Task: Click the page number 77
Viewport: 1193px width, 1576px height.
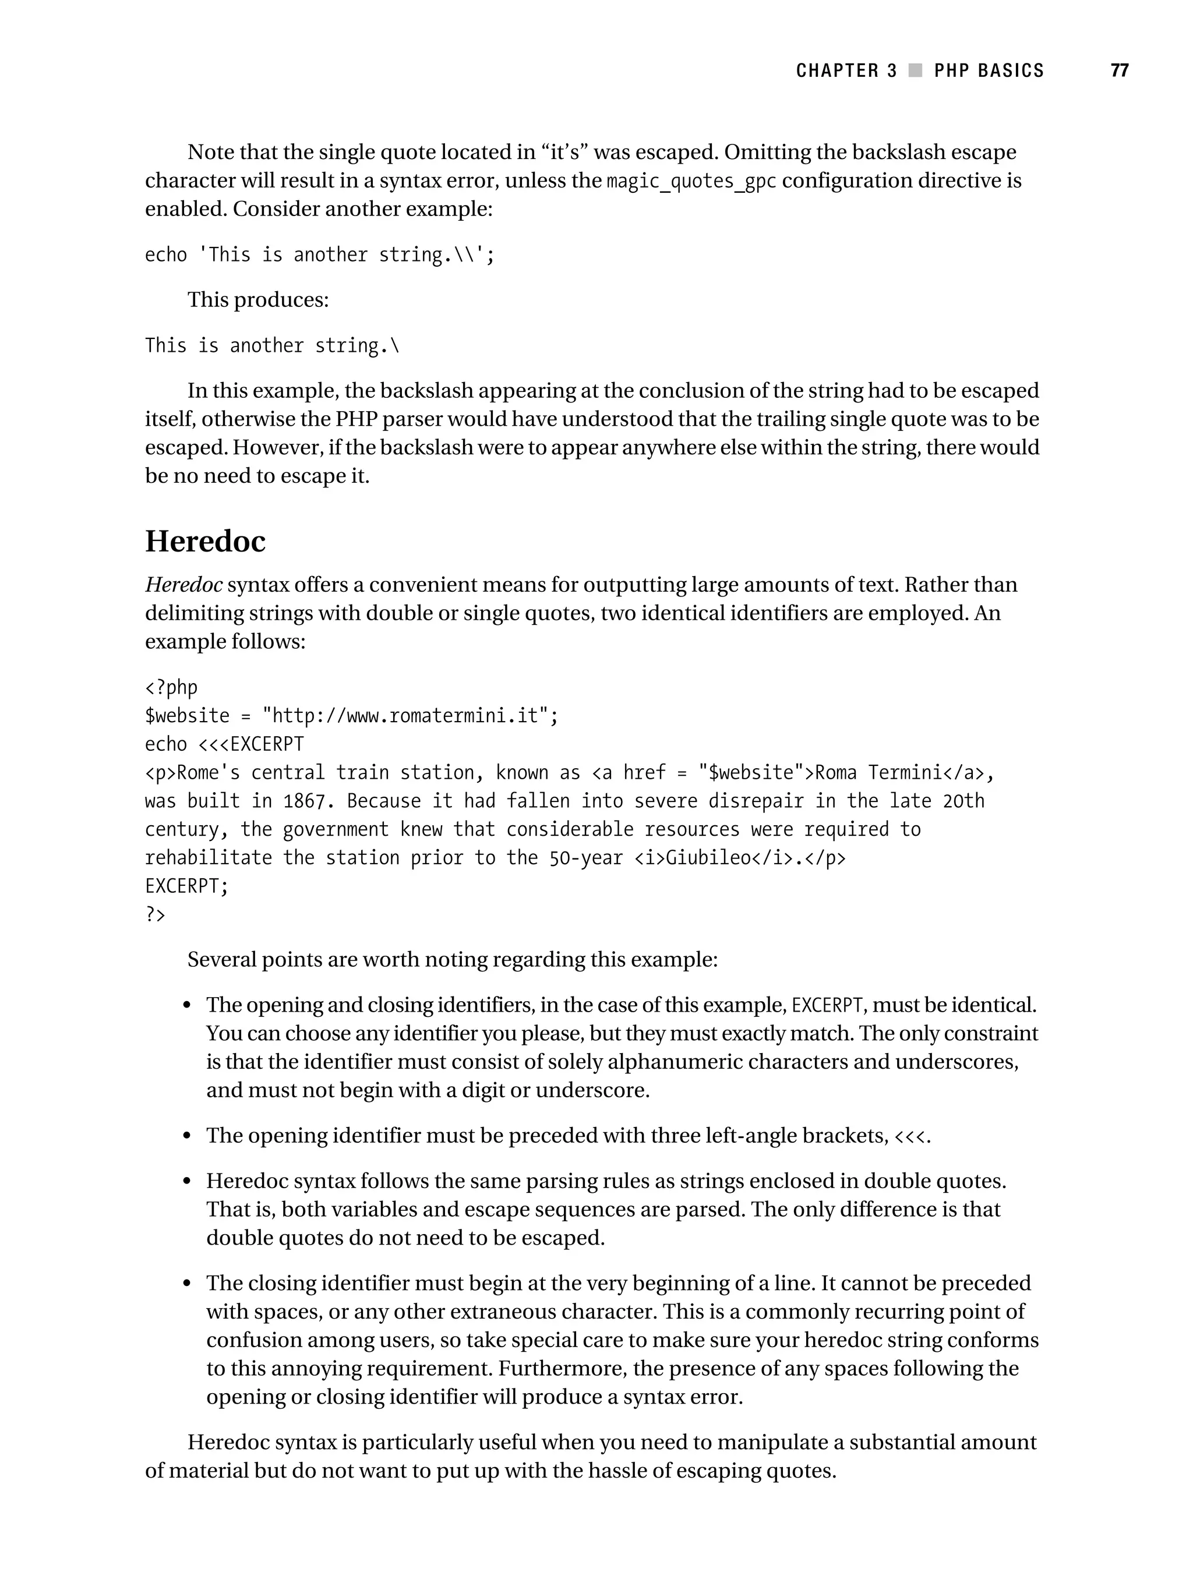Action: click(x=1119, y=70)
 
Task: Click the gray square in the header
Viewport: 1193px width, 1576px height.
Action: click(x=916, y=70)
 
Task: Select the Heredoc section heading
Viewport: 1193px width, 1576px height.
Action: click(x=205, y=542)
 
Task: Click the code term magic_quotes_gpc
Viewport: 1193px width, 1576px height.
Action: click(x=690, y=182)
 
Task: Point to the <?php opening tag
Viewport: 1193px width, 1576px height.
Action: click(x=171, y=688)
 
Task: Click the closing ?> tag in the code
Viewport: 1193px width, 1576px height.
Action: click(x=156, y=915)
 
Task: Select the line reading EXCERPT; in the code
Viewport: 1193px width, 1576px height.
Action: click(x=187, y=886)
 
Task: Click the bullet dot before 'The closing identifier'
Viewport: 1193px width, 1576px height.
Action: click(x=188, y=1284)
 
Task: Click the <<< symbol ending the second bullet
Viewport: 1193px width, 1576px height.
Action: click(x=909, y=1136)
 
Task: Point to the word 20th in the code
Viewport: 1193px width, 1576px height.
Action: click(x=963, y=801)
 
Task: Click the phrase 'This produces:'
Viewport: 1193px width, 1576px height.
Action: click(x=258, y=300)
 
